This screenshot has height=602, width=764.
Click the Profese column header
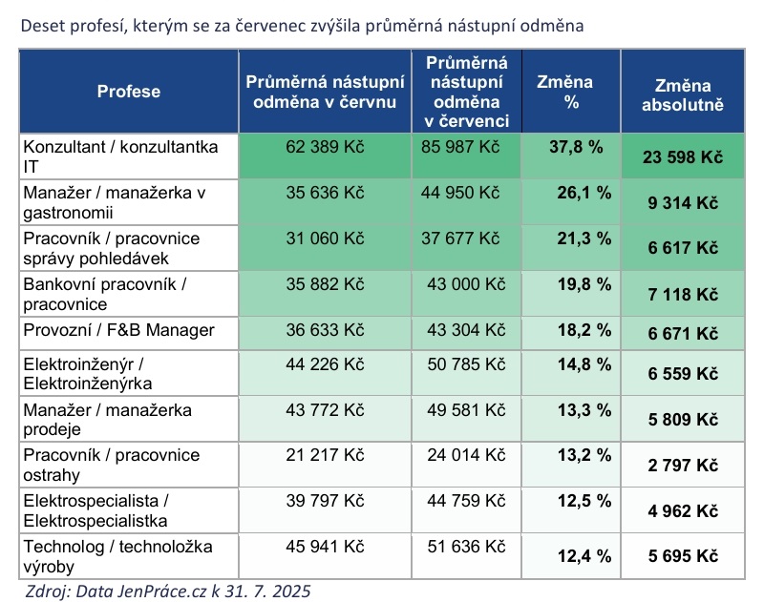click(128, 92)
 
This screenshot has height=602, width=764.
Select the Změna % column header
click(570, 92)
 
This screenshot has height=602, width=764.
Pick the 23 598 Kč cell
click(681, 157)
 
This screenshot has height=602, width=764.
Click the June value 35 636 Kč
click(326, 193)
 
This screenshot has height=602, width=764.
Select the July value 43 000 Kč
click(461, 283)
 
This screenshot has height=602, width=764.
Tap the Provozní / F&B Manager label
click(118, 329)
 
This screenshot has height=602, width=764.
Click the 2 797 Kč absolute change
click(681, 465)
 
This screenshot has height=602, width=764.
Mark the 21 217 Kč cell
click(326, 455)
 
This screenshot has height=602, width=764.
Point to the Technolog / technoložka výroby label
click(117, 555)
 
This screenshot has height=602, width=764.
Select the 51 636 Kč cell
click(461, 547)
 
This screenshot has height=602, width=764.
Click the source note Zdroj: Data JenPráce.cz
click(166, 590)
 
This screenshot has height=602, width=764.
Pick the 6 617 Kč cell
click(681, 247)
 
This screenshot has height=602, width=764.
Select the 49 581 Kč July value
click(461, 409)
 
